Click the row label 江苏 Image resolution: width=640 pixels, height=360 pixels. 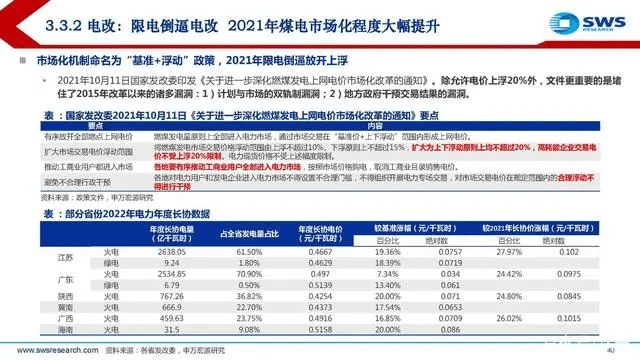click(66, 259)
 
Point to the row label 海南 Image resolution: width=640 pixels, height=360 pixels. click(66, 329)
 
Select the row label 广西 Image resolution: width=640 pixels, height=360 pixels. click(66, 318)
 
